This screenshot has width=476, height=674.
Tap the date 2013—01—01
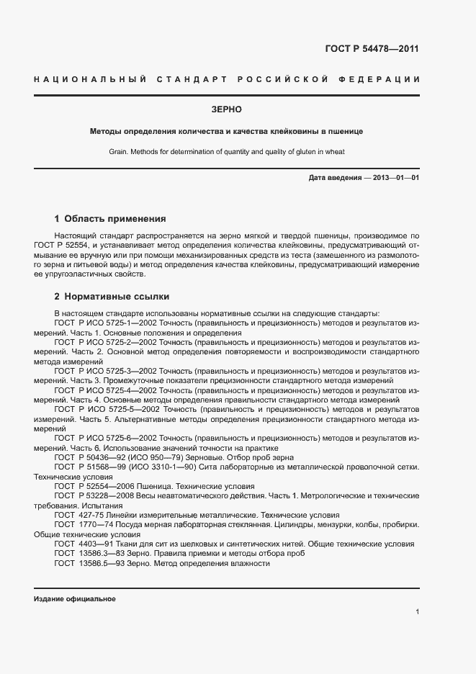396,177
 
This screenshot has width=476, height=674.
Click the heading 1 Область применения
110,218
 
